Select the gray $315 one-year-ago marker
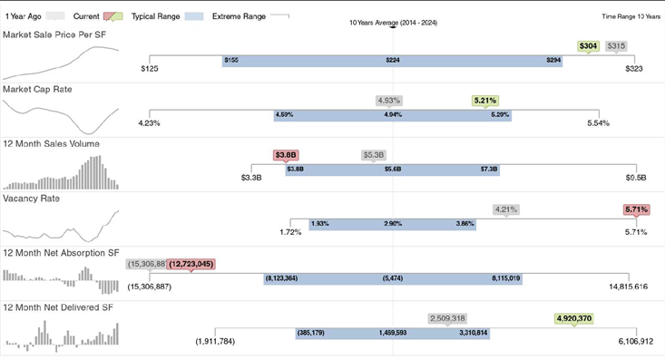616,45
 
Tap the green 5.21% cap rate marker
485,100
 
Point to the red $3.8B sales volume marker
286,155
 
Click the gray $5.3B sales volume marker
373,155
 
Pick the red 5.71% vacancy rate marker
636,209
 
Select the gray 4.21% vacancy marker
505,209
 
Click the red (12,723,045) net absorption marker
191,264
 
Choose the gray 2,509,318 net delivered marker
447,318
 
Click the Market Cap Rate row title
38,90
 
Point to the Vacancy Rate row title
32,199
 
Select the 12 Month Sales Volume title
52,144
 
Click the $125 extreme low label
151,69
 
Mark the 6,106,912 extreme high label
635,342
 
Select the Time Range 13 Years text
631,16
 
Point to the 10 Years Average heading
394,22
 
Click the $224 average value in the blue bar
393,61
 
